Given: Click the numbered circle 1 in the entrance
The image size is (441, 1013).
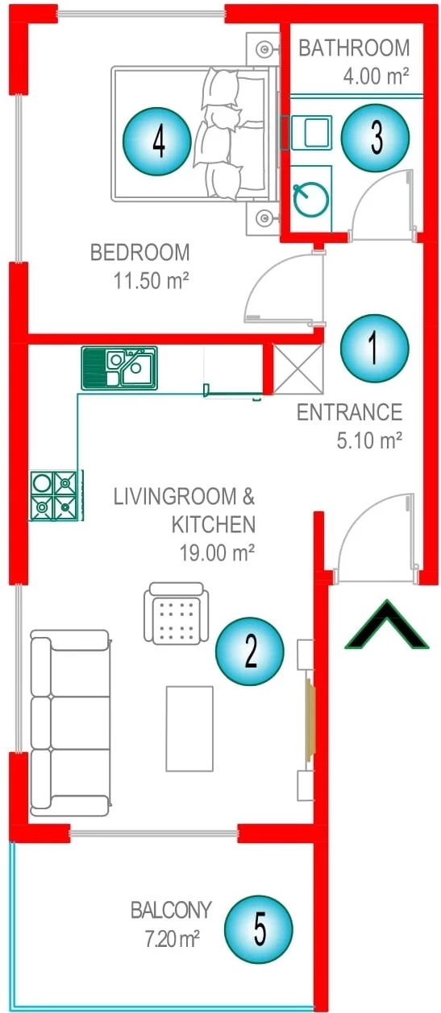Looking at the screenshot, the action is pyautogui.click(x=374, y=348).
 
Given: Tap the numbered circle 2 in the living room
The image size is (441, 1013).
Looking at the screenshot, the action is pyautogui.click(x=250, y=651).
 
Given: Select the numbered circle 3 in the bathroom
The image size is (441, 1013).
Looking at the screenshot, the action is pyautogui.click(x=376, y=138).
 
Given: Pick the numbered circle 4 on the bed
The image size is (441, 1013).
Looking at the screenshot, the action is pyautogui.click(x=157, y=142).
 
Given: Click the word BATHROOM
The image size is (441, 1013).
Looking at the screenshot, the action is pyautogui.click(x=354, y=48).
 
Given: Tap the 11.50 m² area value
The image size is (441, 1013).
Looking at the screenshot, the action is pyautogui.click(x=151, y=281).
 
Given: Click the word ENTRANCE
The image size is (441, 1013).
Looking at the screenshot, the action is pyautogui.click(x=350, y=412).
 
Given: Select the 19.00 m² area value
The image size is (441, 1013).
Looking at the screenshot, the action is pyautogui.click(x=217, y=552).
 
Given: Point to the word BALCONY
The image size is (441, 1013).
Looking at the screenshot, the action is pyautogui.click(x=171, y=910).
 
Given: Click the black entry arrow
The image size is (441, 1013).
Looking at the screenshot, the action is pyautogui.click(x=387, y=625).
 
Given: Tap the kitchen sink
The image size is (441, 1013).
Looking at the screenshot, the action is pyautogui.click(x=119, y=368).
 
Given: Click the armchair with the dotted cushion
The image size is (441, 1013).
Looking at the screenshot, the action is pyautogui.click(x=176, y=613).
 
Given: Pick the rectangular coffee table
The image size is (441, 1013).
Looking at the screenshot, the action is pyautogui.click(x=189, y=729).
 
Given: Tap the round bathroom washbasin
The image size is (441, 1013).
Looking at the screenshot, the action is pyautogui.click(x=311, y=199).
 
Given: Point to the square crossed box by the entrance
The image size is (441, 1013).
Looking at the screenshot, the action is pyautogui.click(x=298, y=369).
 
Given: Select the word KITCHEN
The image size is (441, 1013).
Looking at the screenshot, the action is pyautogui.click(x=214, y=524).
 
